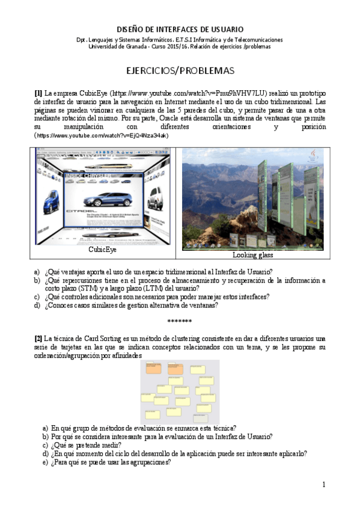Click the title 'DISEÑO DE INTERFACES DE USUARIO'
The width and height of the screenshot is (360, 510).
click(x=180, y=29)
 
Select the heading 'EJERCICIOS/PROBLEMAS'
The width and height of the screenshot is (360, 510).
click(x=180, y=71)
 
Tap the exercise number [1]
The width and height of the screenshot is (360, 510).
click(x=38, y=93)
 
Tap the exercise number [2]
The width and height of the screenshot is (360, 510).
click(x=38, y=339)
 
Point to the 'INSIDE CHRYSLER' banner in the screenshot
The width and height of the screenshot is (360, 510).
click(x=87, y=175)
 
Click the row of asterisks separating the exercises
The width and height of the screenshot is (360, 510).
click(x=180, y=321)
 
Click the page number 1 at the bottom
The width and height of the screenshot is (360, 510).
click(x=323, y=484)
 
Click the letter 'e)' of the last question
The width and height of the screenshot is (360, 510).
click(x=46, y=462)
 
